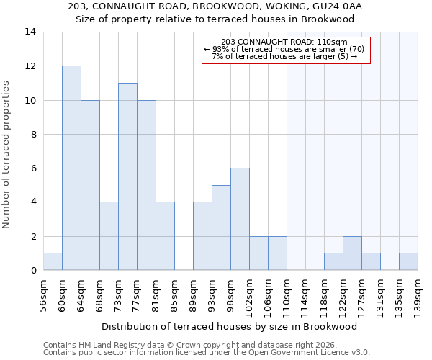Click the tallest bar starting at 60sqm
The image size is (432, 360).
point(71,168)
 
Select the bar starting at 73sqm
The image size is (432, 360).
point(127,176)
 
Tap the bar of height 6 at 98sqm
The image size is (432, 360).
point(240,219)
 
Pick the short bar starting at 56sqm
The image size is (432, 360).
point(53,262)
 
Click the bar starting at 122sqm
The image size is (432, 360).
point(352,253)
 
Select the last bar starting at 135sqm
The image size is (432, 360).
point(408,262)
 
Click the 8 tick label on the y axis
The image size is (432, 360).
point(33,134)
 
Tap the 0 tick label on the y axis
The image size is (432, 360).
point(33,271)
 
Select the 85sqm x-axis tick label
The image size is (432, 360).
point(175,294)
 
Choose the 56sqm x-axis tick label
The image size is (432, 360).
point(44,294)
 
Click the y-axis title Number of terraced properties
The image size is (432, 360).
point(6,155)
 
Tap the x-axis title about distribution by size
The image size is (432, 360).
point(229,326)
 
